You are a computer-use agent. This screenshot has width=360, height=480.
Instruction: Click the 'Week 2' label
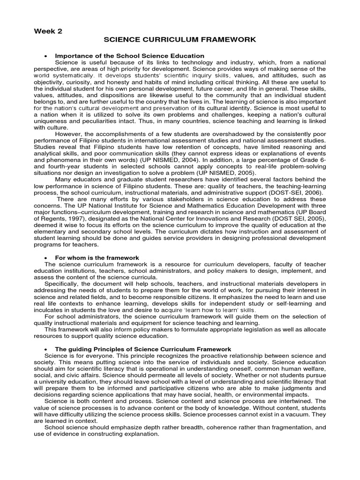click(x=48, y=31)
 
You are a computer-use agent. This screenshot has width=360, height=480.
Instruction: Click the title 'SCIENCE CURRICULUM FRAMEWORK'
click(x=180, y=40)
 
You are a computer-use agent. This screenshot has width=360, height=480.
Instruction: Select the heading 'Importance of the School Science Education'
click(x=130, y=56)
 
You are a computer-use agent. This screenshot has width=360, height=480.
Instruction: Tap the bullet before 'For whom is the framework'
click(x=46, y=258)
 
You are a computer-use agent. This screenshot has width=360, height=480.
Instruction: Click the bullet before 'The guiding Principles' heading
click(x=46, y=350)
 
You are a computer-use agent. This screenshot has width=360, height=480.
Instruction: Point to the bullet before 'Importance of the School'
click(x=46, y=56)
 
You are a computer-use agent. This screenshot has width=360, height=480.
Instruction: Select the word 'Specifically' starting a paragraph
click(x=62, y=284)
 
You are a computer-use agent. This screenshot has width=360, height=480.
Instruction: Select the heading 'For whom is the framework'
click(x=97, y=258)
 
